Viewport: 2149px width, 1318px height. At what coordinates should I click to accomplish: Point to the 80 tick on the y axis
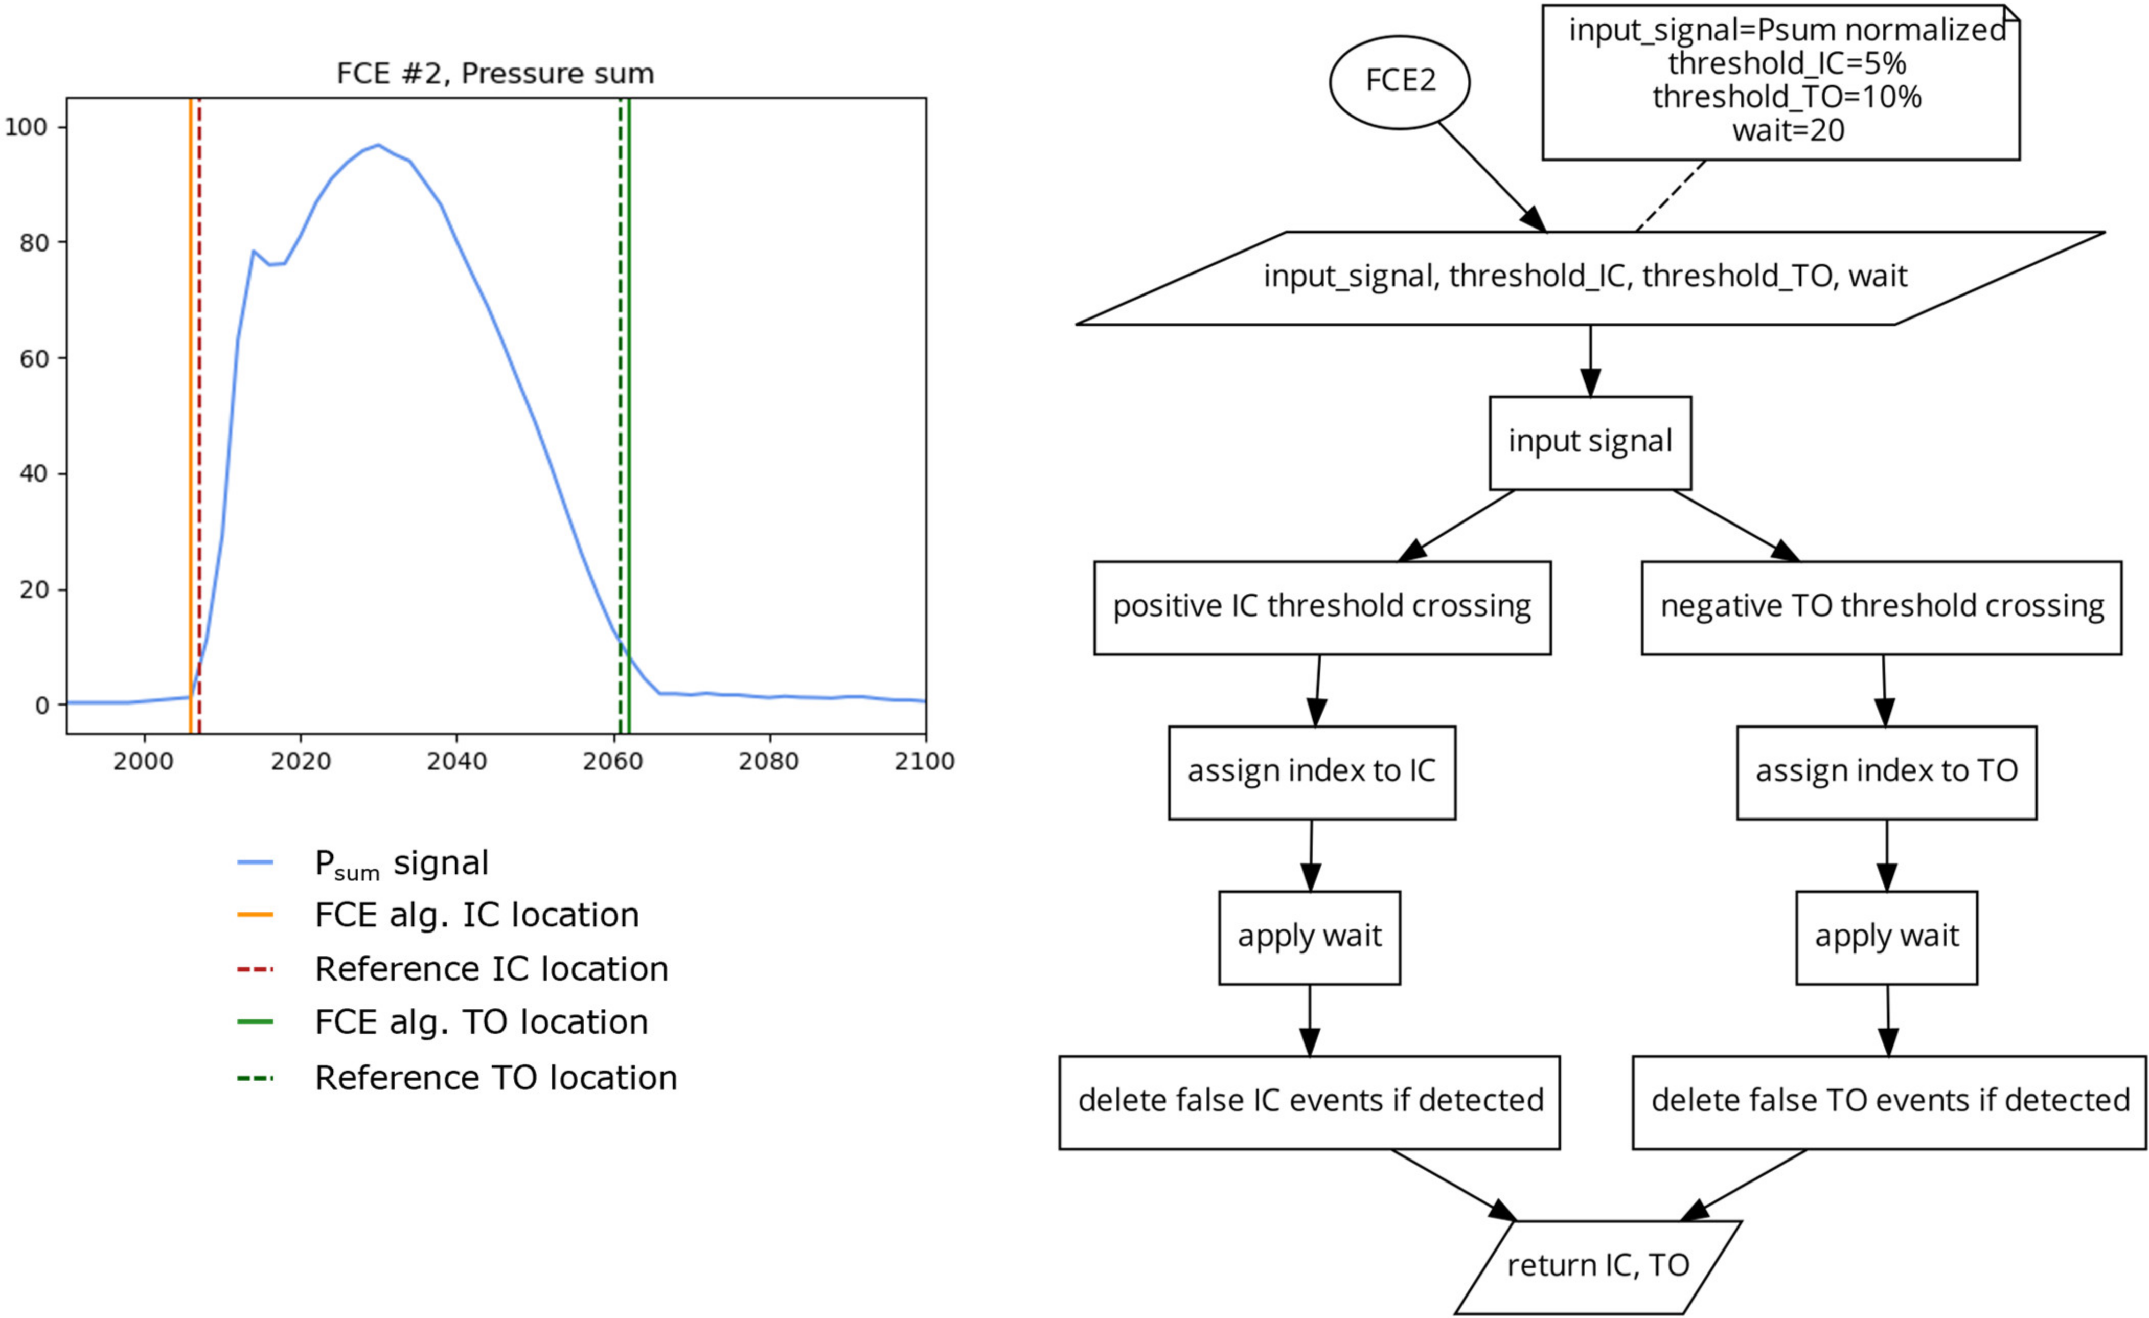coord(34,242)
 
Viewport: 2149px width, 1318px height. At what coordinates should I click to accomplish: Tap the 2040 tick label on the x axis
coord(456,761)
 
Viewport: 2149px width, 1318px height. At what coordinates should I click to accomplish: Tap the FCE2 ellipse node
coord(1399,82)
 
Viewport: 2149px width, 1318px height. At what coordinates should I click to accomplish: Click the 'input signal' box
coord(1589,442)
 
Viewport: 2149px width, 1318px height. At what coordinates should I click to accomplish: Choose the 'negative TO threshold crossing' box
coord(1881,607)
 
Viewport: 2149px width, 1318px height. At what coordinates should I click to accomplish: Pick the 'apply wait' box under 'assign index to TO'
coord(1886,937)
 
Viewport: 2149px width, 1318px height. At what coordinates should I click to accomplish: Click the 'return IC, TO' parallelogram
coord(1598,1266)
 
